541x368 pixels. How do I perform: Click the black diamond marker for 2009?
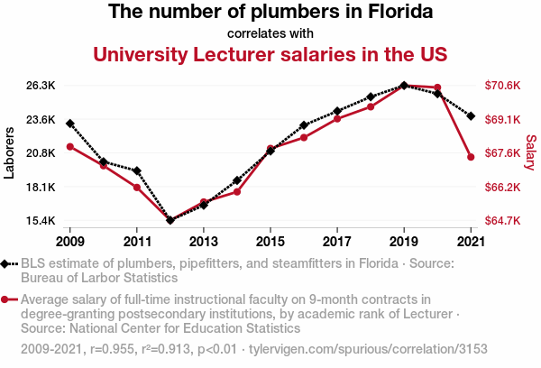70,123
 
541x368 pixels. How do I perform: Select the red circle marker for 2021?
471,157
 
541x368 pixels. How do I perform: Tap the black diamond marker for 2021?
471,115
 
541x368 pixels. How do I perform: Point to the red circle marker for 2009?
70,146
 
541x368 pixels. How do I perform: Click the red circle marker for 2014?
237,192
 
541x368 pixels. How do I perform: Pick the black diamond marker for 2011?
137,170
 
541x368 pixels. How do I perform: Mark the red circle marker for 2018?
371,107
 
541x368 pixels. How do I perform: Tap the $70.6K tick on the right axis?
503,86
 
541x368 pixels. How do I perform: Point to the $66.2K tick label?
503,188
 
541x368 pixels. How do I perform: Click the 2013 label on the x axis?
204,242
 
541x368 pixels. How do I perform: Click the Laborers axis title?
10,153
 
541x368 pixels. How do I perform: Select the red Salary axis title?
530,153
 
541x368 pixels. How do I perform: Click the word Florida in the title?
398,13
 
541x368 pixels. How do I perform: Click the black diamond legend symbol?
7,263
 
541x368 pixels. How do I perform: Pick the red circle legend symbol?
7,299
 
